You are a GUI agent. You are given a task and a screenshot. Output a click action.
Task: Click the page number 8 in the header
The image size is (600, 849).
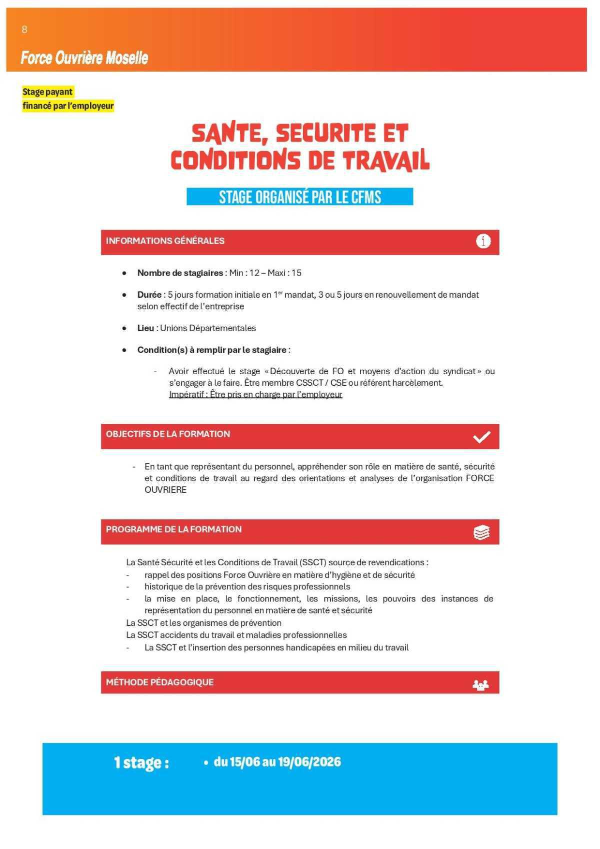tap(24, 30)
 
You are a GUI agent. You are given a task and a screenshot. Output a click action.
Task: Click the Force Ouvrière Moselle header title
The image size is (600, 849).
tap(84, 58)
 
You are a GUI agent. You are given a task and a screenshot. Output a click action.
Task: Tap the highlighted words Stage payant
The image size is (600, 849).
tap(47, 92)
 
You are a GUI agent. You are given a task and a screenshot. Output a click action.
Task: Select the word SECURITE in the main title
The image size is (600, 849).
tap(325, 134)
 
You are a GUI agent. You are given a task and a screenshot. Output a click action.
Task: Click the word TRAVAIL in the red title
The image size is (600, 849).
tap(386, 161)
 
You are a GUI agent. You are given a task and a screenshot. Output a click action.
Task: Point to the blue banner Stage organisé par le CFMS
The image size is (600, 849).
tap(299, 197)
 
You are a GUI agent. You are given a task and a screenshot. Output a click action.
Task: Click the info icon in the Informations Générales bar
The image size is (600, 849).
tap(483, 241)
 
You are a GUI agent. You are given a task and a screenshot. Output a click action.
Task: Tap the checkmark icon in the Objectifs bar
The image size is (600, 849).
tap(481, 437)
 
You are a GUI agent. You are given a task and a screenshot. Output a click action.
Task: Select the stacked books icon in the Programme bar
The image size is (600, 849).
tap(481, 532)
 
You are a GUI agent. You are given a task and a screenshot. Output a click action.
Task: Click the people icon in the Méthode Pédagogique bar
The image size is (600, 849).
tap(480, 684)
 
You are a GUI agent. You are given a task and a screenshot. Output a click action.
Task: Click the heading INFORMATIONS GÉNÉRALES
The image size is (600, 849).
tap(165, 241)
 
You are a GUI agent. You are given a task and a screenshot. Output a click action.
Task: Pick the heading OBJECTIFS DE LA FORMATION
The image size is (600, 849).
tap(167, 434)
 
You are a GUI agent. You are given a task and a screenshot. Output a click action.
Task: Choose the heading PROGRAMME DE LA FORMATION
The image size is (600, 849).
tap(173, 529)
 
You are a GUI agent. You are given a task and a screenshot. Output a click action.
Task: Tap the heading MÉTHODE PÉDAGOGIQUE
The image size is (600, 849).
tap(159, 682)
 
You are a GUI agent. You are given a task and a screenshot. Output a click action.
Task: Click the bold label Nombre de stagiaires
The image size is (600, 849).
tap(180, 273)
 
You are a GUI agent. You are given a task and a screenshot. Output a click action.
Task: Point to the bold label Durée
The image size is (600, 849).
tap(149, 295)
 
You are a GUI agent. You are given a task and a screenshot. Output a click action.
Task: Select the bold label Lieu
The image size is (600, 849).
tap(145, 328)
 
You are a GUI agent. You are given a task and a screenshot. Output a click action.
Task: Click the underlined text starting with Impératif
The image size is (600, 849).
tap(255, 395)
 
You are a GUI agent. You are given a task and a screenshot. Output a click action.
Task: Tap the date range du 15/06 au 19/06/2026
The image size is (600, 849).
tap(277, 762)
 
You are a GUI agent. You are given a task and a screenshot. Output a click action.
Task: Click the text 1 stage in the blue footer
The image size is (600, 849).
tap(141, 762)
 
